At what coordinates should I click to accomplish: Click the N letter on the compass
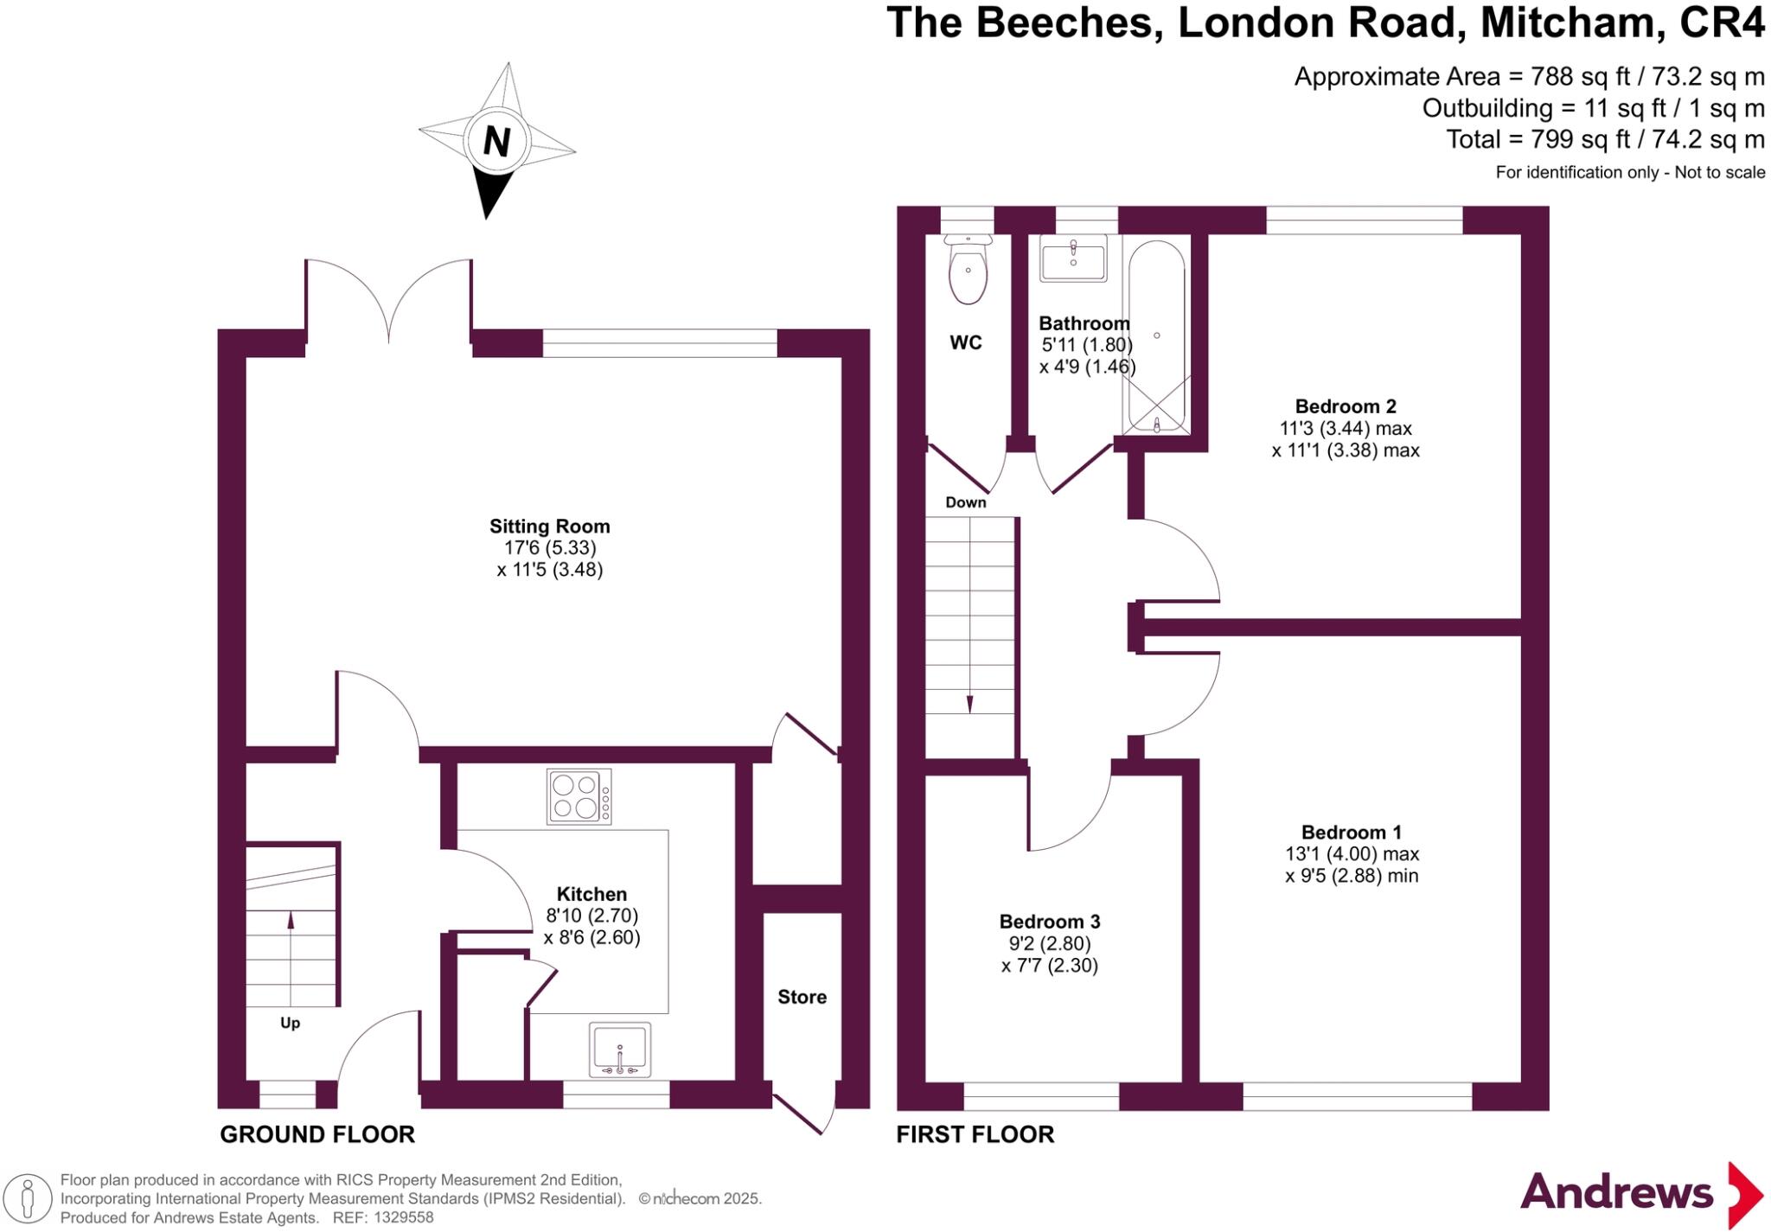tap(496, 141)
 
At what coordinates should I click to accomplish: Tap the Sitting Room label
tap(549, 527)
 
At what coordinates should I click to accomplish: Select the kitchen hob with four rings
tap(579, 795)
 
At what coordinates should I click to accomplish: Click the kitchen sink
tap(619, 1050)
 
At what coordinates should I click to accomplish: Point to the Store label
tap(802, 997)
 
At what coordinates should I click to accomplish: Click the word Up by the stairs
tap(290, 1023)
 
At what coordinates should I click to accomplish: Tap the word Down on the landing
tap(965, 502)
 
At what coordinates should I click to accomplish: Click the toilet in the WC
tap(968, 271)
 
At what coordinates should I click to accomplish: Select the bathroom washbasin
tap(1073, 259)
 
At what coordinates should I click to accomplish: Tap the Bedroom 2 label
tap(1346, 406)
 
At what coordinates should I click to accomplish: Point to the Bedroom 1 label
tap(1351, 833)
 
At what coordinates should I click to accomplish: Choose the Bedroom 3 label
tap(1049, 922)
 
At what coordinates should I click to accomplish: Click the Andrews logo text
tap(1615, 1193)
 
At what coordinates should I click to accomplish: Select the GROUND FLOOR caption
tap(317, 1134)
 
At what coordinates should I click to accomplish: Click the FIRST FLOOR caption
tap(975, 1134)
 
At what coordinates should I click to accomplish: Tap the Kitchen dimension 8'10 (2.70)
tap(591, 916)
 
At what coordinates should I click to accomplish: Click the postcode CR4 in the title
tap(1721, 23)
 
